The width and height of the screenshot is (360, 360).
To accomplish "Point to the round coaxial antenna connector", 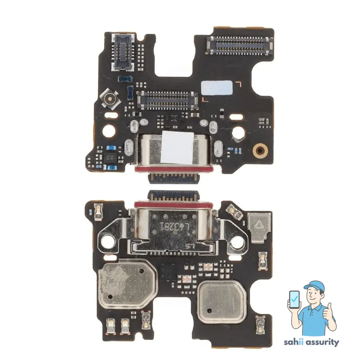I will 108,97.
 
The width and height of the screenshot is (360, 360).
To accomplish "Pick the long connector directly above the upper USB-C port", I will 167,100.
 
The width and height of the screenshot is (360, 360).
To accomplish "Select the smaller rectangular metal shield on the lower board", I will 222,297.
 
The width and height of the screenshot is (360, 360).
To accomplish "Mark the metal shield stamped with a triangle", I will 258,225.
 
